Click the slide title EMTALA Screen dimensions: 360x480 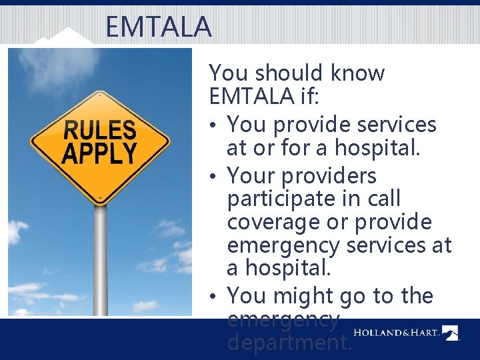(x=158, y=27)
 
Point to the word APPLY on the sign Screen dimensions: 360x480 (x=99, y=153)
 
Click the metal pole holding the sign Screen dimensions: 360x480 (x=100, y=260)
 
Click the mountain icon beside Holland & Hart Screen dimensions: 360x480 (x=451, y=333)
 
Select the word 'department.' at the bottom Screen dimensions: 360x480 (x=289, y=343)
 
